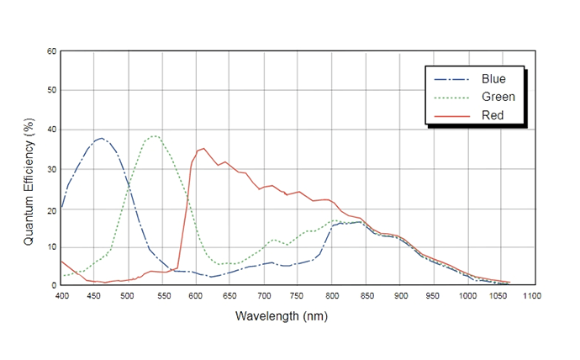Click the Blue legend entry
[x=493, y=79]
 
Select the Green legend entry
[x=497, y=97]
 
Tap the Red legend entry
[x=492, y=114]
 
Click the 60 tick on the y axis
[x=51, y=51]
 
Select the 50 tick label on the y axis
[x=51, y=90]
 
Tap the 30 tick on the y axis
[x=51, y=168]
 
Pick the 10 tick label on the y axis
[x=51, y=246]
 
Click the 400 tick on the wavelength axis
[x=61, y=296]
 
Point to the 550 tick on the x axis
[x=162, y=296]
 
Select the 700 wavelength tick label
[x=264, y=296]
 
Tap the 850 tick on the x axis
[x=366, y=296]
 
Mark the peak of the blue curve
[x=102, y=138]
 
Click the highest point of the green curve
[x=155, y=135]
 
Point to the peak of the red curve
[x=203, y=148]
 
